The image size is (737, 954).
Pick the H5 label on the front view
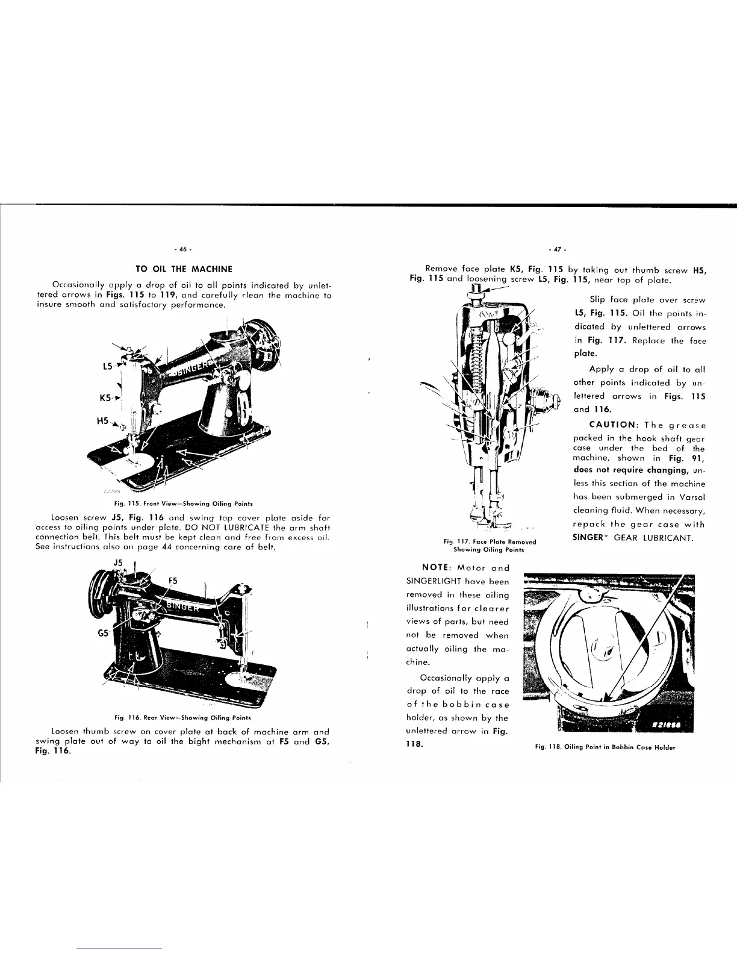click(103, 422)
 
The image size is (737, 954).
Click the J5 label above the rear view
click(118, 563)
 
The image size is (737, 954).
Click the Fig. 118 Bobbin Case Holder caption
click(605, 747)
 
